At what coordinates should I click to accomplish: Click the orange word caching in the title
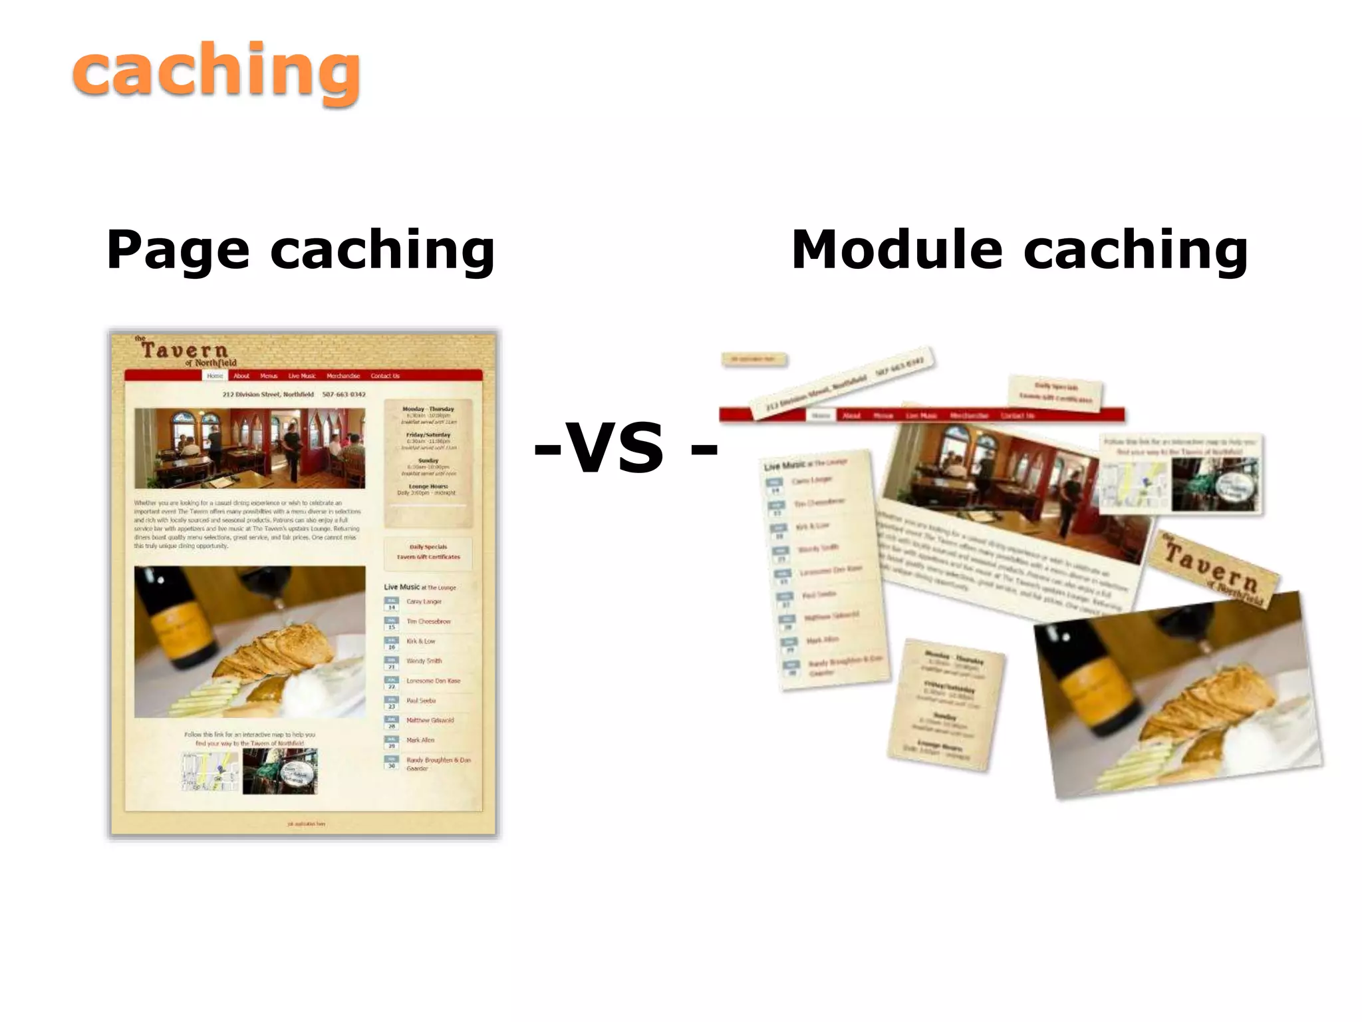click(216, 72)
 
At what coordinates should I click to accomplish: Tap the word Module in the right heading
click(896, 250)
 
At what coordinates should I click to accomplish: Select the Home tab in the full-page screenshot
click(215, 376)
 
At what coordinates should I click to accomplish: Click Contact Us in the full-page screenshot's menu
click(385, 376)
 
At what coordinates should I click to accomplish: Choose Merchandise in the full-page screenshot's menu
click(343, 376)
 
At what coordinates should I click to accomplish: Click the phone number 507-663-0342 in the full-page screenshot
click(344, 395)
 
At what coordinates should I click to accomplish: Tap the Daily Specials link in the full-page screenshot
click(428, 547)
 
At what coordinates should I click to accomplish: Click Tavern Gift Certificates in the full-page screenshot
click(428, 557)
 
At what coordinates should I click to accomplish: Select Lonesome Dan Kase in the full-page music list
click(433, 681)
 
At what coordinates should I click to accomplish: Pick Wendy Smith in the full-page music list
click(424, 661)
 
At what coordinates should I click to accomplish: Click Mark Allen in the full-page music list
click(420, 740)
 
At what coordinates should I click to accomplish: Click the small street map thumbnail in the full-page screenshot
click(209, 772)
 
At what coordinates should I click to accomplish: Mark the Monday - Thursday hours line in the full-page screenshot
click(428, 409)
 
